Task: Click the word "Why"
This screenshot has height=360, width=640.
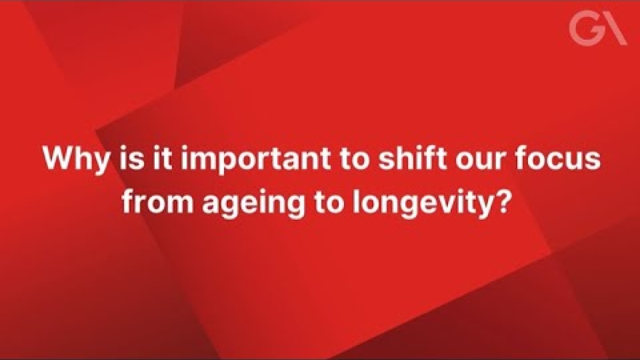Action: [76, 160]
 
